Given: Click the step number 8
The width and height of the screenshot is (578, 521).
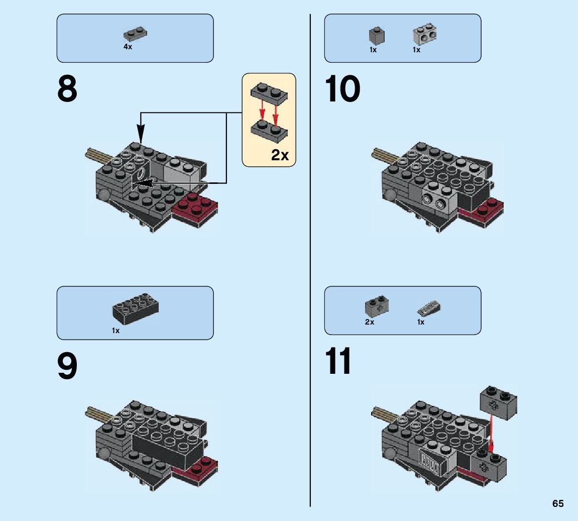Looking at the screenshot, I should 67,89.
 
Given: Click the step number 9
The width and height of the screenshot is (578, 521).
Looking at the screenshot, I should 67,367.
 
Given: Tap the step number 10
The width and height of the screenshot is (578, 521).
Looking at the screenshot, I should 343,89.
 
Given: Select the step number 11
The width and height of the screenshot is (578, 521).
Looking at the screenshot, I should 338,362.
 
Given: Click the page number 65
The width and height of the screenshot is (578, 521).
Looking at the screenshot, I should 558,503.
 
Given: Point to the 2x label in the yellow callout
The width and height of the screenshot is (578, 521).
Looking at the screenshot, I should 280,155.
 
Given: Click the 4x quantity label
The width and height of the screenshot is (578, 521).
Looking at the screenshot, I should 128,47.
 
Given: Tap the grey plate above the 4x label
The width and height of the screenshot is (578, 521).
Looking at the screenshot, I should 135,34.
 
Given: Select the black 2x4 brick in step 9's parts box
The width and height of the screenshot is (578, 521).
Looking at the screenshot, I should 135,308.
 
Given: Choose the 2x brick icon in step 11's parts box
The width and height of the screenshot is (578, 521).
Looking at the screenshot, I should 377,305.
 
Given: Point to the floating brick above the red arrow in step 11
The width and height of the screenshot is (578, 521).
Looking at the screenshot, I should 499,402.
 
